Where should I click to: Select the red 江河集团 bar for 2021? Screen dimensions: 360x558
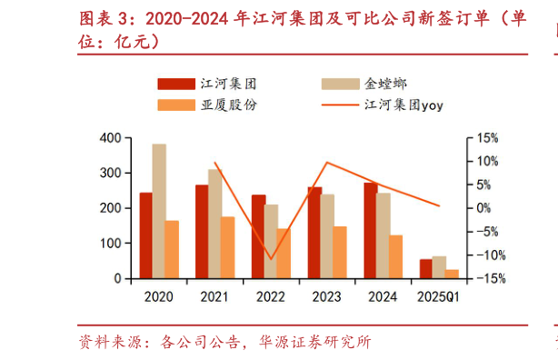pyautogui.click(x=202, y=232)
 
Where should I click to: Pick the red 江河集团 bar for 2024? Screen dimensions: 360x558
pyautogui.click(x=370, y=231)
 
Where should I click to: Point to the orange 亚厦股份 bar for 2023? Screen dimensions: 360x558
pyautogui.click(x=340, y=252)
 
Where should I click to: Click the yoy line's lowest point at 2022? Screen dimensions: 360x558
pyautogui.click(x=270, y=259)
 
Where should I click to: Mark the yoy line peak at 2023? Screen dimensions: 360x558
pyautogui.click(x=326, y=163)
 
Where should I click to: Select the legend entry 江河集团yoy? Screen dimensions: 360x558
pyautogui.click(x=400, y=105)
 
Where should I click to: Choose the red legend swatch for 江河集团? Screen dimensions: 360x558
pyautogui.click(x=175, y=83)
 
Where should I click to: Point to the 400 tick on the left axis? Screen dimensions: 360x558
pyautogui.click(x=109, y=137)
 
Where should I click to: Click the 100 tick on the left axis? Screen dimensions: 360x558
pyautogui.click(x=109, y=244)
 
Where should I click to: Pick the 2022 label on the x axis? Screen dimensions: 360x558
pyautogui.click(x=270, y=296)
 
